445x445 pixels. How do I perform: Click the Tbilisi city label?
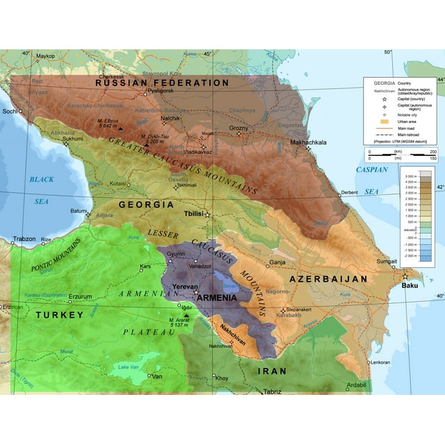point(193,215)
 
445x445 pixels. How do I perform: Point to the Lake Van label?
point(129,366)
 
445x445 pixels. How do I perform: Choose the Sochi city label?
point(9,111)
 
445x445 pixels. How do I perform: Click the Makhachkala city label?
point(308,143)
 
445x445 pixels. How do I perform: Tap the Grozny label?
point(238,128)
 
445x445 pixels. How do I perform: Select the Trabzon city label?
point(23,239)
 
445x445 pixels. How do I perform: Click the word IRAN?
point(273,371)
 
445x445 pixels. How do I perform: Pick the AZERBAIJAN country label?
point(327,279)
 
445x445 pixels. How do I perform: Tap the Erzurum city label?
point(79,296)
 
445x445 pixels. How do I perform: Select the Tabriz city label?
point(272,391)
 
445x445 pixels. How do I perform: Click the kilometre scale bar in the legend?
point(399,151)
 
